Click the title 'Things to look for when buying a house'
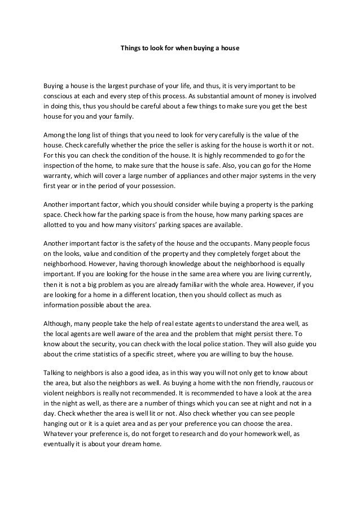180,49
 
